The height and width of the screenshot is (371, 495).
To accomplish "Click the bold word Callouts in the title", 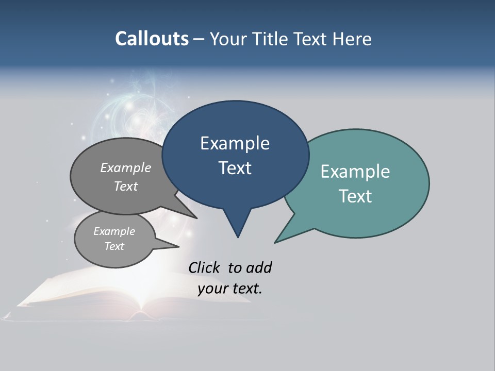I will click(x=152, y=39).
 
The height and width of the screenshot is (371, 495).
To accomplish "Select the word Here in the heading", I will click(x=352, y=39).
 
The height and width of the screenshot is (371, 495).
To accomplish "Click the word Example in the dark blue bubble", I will click(x=235, y=143).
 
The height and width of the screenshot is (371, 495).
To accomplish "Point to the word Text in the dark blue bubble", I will click(x=235, y=168).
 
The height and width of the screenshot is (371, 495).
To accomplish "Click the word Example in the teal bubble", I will click(x=355, y=172).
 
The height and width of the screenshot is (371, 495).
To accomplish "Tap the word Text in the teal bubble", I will click(x=355, y=196).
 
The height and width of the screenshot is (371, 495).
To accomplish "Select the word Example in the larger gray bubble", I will click(x=125, y=168).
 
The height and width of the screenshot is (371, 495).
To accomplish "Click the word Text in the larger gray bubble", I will click(x=125, y=187).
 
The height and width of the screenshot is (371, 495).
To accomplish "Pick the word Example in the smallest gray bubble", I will click(x=114, y=231).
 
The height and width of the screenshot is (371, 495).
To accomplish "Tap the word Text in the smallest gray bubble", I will click(x=114, y=246).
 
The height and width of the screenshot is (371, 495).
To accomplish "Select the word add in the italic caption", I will click(x=258, y=268).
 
